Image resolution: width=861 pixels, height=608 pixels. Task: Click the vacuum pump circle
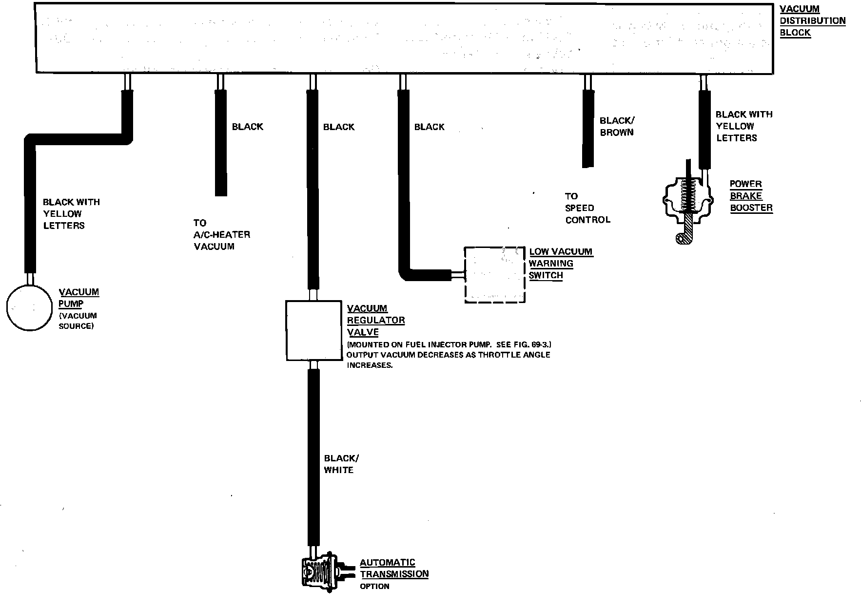tap(29, 308)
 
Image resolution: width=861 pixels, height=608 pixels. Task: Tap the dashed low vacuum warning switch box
tap(494, 275)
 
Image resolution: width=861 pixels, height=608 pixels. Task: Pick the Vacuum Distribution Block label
tap(812, 21)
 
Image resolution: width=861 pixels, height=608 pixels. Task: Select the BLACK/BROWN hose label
tap(617, 126)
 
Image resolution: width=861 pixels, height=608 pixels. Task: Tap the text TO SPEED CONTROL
tap(587, 208)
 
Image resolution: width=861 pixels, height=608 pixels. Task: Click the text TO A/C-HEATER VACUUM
tap(221, 235)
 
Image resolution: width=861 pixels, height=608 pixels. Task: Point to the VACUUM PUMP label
tap(78, 297)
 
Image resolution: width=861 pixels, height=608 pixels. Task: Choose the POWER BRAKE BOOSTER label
tap(751, 196)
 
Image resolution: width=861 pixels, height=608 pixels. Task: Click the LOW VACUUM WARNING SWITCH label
tap(560, 264)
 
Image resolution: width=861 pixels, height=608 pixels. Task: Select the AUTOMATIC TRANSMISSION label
tap(394, 568)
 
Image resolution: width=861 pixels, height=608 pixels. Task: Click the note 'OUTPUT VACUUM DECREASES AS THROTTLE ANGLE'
tap(448, 355)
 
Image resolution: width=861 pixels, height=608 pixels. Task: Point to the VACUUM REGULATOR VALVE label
tap(375, 320)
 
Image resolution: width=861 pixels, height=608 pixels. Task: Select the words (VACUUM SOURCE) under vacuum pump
tap(77, 321)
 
